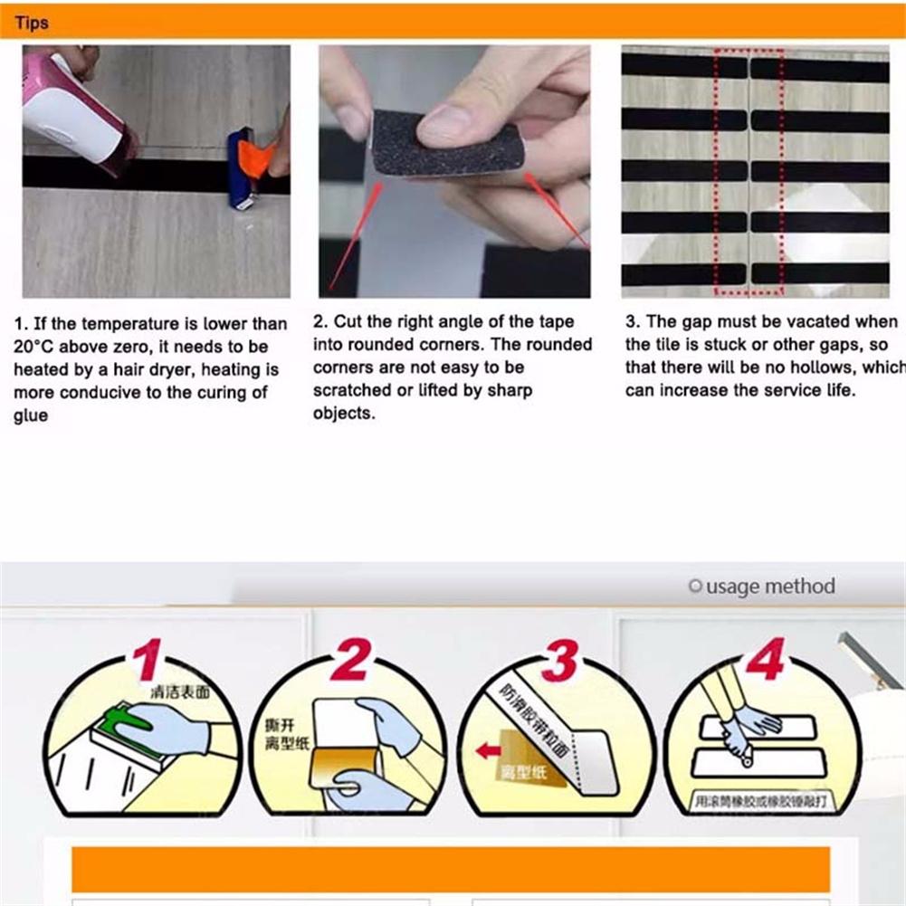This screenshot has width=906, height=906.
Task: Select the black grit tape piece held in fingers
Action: pos(448,146)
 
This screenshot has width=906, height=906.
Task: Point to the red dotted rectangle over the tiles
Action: pos(749,172)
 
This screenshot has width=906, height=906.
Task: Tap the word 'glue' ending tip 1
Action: pos(30,415)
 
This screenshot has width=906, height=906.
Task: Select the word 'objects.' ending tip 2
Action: pos(343,414)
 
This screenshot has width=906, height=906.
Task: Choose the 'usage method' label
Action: pos(770,587)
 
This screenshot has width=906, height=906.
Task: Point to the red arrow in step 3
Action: pos(489,750)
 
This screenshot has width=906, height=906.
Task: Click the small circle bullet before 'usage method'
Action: pos(694,587)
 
